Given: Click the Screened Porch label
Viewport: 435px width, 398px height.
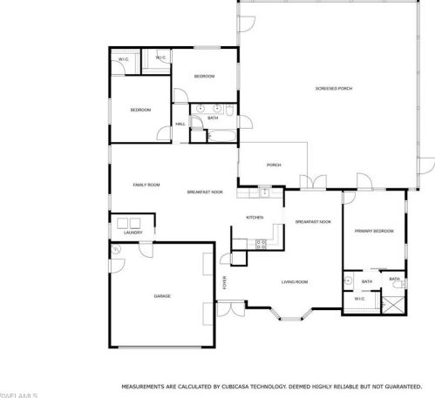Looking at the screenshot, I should pyautogui.click(x=333, y=89).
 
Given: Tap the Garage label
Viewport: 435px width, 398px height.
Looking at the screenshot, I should pyautogui.click(x=162, y=296).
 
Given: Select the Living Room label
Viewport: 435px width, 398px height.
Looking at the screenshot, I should pyautogui.click(x=295, y=281).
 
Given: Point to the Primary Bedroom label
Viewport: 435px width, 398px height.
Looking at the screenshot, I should pyautogui.click(x=374, y=231).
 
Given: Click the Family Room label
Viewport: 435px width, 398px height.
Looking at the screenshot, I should pyautogui.click(x=146, y=185).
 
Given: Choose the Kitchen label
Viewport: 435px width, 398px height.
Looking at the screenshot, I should pyautogui.click(x=255, y=217).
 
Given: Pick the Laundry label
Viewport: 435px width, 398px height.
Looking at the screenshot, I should pyautogui.click(x=133, y=233).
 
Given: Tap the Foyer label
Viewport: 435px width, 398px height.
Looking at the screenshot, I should pyautogui.click(x=225, y=282).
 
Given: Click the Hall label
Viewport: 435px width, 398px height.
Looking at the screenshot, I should pyautogui.click(x=180, y=124).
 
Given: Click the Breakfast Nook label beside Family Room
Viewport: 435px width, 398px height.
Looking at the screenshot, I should pyautogui.click(x=205, y=192).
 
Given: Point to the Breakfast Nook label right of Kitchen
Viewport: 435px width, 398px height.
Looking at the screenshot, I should pyautogui.click(x=313, y=222).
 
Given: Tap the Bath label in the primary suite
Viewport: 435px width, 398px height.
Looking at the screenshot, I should pyautogui.click(x=366, y=281).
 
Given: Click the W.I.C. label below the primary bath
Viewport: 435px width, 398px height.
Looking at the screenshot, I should pyautogui.click(x=359, y=299).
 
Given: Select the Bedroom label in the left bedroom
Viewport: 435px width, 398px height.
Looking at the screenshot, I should pyautogui.click(x=140, y=110).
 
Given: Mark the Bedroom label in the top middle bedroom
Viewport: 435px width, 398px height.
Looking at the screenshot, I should pyautogui.click(x=204, y=77).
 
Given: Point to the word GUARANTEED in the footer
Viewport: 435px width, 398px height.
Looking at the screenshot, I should pyautogui.click(x=404, y=385).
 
